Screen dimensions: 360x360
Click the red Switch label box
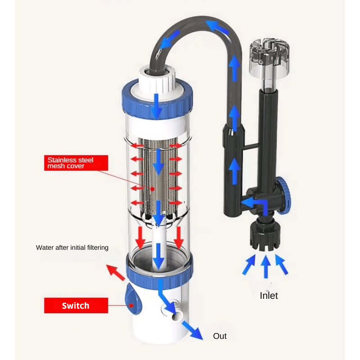pos(76,306)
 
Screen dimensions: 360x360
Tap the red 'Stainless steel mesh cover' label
pos(76,162)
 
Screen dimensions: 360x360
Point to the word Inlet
pos(269,296)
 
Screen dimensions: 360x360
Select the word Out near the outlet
pos(220,336)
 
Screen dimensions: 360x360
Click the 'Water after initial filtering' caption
pos(72,247)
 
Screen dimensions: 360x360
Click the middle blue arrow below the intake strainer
pos(266,265)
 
